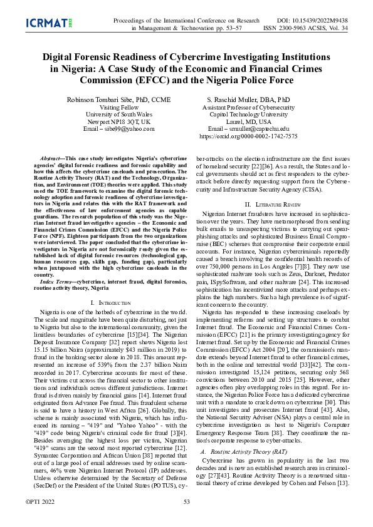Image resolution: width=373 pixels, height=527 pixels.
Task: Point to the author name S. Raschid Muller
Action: click(x=248, y=100)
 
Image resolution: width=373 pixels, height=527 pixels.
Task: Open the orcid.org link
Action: click(x=248, y=136)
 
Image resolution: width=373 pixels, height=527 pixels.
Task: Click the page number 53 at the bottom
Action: click(x=186, y=501)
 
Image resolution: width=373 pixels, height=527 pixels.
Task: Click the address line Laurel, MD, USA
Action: click(x=248, y=121)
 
